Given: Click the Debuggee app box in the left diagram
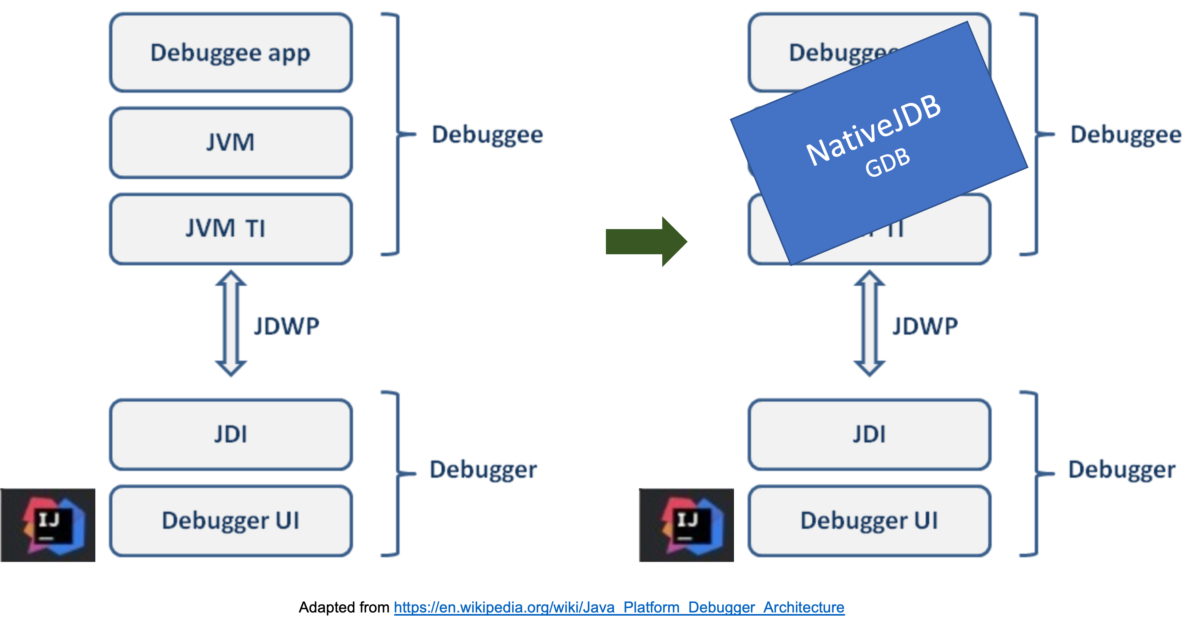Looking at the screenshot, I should tap(231, 53).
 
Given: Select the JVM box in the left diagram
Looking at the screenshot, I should tap(231, 142).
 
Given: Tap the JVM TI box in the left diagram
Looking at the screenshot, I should tap(231, 229).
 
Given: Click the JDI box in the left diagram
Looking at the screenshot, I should tap(231, 434).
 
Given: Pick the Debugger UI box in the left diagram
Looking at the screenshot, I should tap(231, 521).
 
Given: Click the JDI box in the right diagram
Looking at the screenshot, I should tap(869, 434).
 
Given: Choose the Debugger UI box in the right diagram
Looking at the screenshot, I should tap(869, 521).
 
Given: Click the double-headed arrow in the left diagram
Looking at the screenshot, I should tap(231, 323).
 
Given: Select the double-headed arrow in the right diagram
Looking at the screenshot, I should tap(869, 323).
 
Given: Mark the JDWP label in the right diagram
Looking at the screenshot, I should tap(925, 326).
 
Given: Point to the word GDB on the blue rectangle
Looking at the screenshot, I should tap(887, 162).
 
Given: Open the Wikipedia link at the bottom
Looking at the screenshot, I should tap(619, 607).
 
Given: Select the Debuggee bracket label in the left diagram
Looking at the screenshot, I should tap(487, 135).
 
